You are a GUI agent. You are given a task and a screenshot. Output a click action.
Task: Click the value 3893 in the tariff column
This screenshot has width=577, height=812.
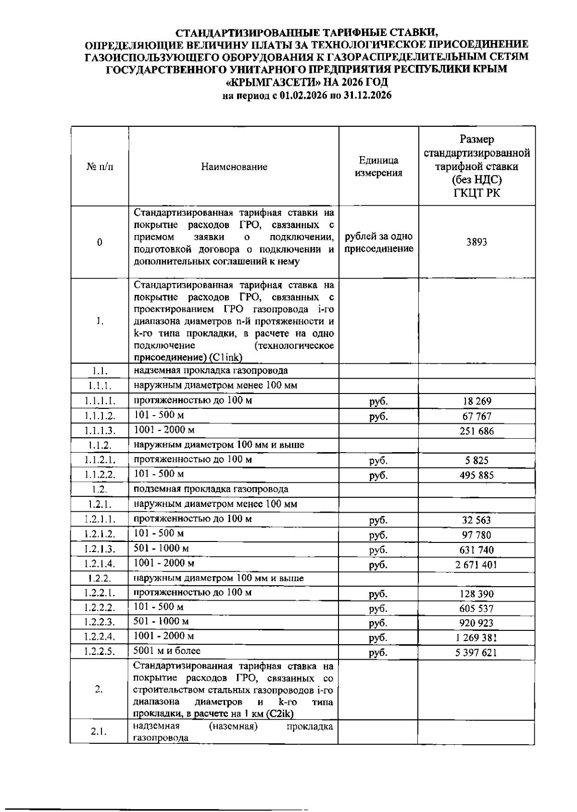click(476, 242)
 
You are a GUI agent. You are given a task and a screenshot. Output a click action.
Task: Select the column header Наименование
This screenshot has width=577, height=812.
click(234, 167)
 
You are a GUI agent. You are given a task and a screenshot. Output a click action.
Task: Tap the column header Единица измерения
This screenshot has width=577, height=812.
click(378, 167)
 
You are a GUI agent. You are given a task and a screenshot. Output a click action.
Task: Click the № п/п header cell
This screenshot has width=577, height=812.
click(100, 167)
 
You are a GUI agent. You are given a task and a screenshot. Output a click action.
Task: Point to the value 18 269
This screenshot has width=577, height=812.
click(476, 401)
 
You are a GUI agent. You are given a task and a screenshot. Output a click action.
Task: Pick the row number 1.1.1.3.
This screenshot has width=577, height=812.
click(100, 431)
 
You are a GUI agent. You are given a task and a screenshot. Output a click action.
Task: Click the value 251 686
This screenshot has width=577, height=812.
click(476, 431)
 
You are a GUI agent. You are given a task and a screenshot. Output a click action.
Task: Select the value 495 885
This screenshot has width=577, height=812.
click(476, 476)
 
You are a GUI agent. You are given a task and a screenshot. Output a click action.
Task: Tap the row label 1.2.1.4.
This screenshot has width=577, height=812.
click(100, 564)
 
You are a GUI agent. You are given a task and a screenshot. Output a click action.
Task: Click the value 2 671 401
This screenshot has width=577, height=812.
click(476, 565)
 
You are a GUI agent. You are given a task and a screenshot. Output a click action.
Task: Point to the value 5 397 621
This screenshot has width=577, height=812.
click(476, 652)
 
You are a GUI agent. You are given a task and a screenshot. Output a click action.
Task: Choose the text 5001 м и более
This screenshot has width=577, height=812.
click(167, 651)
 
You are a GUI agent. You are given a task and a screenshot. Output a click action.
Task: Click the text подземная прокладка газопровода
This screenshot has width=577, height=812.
click(211, 489)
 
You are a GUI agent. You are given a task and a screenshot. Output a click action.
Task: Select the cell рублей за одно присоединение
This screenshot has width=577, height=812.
click(378, 243)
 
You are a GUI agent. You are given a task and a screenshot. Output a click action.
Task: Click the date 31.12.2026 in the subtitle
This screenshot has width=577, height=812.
click(368, 95)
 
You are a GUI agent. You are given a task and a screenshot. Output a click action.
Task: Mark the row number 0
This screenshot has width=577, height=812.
click(100, 242)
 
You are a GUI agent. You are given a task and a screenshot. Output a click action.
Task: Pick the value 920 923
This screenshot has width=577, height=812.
click(476, 623)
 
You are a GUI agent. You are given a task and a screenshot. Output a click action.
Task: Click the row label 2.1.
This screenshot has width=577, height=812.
click(99, 732)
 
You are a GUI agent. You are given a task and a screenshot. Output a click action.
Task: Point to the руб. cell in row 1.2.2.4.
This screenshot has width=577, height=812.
click(378, 639)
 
